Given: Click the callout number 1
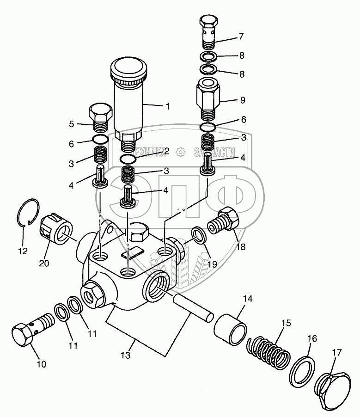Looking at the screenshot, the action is [167, 106].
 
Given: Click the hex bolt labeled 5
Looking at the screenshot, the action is [99, 117].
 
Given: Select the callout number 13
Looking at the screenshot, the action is [125, 356].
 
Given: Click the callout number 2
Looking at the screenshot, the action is [166, 151].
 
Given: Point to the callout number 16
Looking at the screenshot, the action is [312, 339].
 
